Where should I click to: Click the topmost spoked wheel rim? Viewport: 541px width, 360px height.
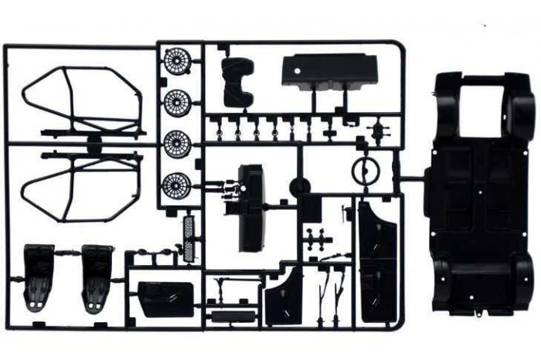click(177, 61)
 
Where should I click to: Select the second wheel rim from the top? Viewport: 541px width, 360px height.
click(177, 101)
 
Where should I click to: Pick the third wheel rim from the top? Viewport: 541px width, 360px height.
click(177, 142)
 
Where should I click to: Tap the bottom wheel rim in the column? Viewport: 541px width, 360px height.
click(177, 185)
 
